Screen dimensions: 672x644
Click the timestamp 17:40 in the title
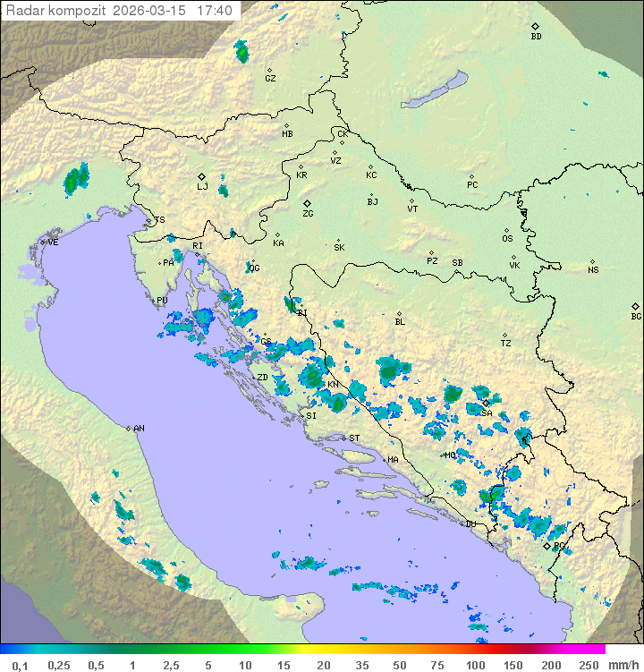(215, 11)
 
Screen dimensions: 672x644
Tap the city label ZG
(308, 214)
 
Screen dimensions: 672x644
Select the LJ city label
(202, 186)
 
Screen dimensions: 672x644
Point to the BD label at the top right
(536, 37)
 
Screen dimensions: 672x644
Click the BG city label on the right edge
(636, 316)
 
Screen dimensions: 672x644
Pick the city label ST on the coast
(354, 438)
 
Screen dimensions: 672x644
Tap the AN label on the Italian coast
(139, 429)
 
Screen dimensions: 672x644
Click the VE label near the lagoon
(53, 242)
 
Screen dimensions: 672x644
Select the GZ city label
(270, 78)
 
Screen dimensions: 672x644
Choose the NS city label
(593, 270)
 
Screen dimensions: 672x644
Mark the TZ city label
(506, 343)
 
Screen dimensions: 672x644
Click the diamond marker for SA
(487, 404)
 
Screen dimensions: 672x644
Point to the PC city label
(472, 185)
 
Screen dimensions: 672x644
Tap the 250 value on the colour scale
(589, 665)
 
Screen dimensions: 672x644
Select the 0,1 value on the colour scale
(21, 665)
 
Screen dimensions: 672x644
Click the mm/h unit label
(623, 665)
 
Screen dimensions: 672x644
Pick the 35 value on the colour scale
(363, 665)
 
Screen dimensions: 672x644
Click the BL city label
(400, 321)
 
